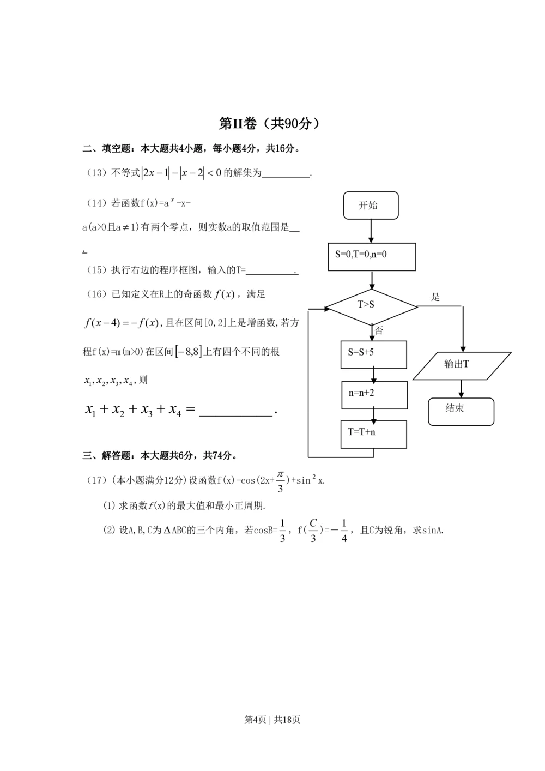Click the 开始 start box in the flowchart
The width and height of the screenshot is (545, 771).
point(371,206)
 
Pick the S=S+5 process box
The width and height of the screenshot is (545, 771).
point(373,354)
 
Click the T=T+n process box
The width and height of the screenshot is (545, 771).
point(373,434)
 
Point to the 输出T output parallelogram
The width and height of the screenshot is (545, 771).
point(462,365)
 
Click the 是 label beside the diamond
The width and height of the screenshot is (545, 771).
point(435,297)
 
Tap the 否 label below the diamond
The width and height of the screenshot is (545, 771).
point(379,330)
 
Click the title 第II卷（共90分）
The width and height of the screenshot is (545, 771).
point(269,124)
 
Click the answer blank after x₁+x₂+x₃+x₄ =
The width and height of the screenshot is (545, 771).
point(235,411)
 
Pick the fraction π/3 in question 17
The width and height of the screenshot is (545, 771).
point(280,481)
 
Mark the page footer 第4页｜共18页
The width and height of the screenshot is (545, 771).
point(272,720)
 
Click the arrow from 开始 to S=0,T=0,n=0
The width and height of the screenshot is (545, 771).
point(371,231)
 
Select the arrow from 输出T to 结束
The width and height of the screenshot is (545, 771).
point(462,388)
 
